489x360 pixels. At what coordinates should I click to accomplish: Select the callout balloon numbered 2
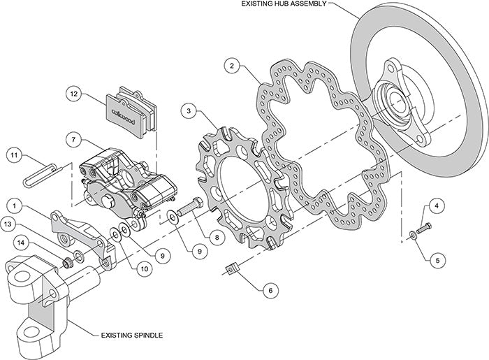point(232,66)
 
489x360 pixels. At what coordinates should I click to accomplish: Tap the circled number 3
point(189,111)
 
